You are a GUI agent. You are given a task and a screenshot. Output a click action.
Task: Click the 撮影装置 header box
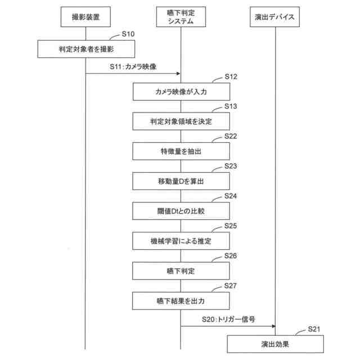point(85,18)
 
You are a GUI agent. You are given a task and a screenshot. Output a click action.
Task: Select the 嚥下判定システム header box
point(181,18)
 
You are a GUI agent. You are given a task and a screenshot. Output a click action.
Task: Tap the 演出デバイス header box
point(276,18)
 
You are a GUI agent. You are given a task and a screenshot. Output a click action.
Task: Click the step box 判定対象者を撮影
point(86,49)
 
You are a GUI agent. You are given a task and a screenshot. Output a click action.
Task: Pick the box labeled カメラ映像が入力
point(181,91)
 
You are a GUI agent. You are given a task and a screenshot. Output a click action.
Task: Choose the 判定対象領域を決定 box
point(181,121)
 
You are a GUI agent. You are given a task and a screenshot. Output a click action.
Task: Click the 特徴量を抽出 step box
point(181,151)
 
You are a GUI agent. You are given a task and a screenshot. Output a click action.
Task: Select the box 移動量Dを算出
point(181,181)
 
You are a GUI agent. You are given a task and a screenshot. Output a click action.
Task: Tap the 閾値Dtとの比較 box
point(181,211)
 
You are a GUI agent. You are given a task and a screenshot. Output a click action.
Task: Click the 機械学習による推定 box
point(181,241)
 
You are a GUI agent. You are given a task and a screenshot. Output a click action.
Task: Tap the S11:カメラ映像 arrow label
point(133,67)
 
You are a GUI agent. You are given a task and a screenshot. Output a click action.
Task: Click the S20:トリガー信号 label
point(228,319)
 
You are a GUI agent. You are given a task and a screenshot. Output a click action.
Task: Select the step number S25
point(231,226)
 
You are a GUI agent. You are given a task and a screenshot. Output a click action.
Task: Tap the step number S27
point(231,286)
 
